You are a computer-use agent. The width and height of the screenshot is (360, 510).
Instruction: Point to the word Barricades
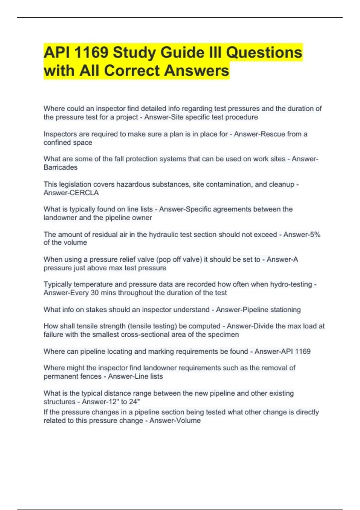pos(60,167)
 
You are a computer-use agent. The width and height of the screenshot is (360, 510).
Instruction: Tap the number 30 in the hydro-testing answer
pos(94,292)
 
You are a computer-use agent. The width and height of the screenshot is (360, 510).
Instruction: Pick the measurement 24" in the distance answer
pos(135,402)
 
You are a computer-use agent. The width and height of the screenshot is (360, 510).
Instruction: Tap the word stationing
pos(285,310)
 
